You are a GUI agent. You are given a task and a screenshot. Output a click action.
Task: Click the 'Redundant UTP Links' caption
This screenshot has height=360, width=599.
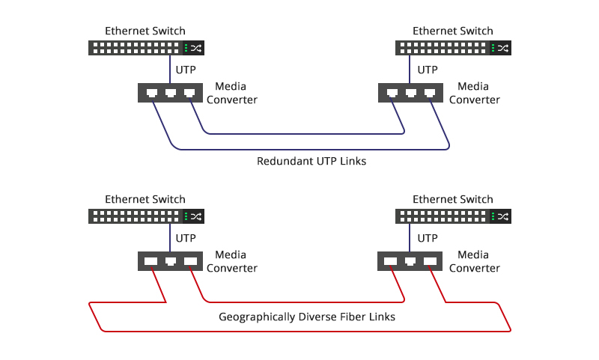(311, 161)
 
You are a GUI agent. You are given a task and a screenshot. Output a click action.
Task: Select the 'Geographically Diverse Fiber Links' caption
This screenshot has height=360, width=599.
(307, 317)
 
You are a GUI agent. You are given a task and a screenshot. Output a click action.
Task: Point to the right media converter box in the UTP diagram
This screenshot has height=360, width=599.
(411, 93)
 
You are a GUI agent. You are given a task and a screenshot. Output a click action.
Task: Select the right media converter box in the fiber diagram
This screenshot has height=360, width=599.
(411, 261)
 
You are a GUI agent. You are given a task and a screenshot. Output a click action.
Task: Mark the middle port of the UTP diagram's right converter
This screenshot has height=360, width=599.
(411, 94)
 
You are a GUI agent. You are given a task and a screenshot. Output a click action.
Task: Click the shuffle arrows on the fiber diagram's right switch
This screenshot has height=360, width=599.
(504, 216)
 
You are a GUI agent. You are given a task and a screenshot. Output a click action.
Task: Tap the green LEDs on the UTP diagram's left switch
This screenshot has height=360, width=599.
(186, 49)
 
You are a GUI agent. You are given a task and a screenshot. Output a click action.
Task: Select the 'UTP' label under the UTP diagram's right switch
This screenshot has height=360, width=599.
(428, 70)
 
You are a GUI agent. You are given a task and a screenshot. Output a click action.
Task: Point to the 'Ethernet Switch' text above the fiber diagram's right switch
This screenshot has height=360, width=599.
(453, 199)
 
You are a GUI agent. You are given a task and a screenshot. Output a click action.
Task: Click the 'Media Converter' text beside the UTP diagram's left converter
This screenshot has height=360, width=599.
(231, 94)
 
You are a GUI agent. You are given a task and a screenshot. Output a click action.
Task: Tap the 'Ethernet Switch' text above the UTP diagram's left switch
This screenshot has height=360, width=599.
(145, 31)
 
